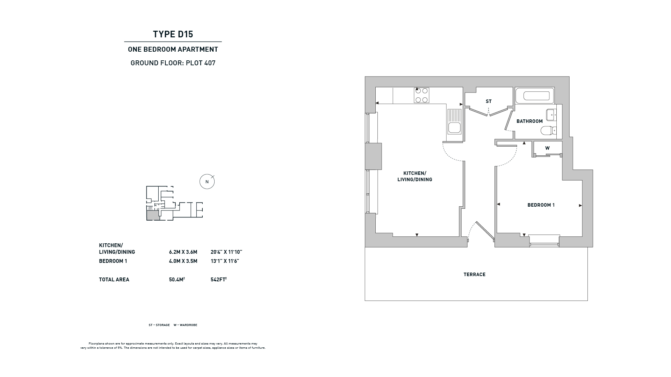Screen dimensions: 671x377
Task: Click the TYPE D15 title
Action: click(x=173, y=34)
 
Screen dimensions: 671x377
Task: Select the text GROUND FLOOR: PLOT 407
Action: click(x=173, y=63)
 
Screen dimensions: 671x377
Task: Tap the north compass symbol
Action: click(x=207, y=182)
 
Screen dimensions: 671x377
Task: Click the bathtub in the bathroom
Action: click(x=534, y=96)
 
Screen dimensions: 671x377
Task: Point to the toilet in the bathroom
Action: click(x=548, y=131)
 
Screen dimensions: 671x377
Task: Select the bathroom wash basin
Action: click(x=551, y=114)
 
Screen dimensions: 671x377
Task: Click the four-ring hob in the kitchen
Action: click(x=421, y=95)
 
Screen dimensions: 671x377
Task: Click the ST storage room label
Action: click(x=489, y=102)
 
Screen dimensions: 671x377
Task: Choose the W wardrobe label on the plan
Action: click(x=547, y=148)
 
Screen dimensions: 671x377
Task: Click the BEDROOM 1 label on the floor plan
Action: click(x=541, y=205)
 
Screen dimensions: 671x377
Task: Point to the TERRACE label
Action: click(x=475, y=275)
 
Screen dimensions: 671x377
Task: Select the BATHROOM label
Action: click(x=529, y=121)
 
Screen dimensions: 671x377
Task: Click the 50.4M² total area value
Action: click(x=177, y=279)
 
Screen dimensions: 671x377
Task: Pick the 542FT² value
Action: click(x=219, y=279)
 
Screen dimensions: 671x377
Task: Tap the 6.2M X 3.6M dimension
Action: click(x=183, y=252)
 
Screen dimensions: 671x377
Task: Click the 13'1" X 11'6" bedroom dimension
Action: click(x=225, y=261)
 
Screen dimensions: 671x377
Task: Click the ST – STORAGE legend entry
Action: click(x=159, y=325)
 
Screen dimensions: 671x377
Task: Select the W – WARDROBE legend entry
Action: click(x=185, y=325)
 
